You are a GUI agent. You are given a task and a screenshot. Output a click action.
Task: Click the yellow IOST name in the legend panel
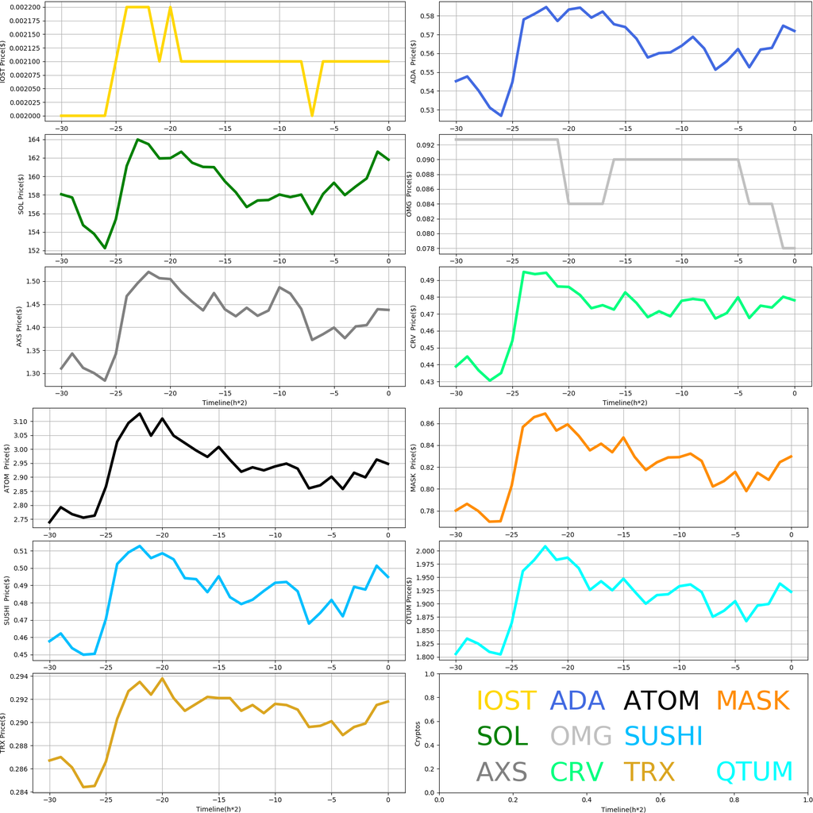[x=505, y=701]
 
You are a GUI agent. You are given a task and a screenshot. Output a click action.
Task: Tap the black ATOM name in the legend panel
[x=661, y=701]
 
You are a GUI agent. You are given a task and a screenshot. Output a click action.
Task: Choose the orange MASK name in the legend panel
[x=752, y=701]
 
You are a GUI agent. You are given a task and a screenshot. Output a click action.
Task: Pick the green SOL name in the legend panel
[x=502, y=736]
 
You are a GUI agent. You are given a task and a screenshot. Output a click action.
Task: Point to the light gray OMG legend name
[x=580, y=736]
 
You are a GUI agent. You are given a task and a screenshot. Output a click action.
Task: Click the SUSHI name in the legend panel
[x=663, y=736]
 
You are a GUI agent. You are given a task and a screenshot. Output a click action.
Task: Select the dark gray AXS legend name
[x=502, y=772]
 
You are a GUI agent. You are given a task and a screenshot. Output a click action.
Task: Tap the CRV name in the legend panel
[x=576, y=772]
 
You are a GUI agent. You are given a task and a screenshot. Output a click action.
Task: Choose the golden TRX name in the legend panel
[x=649, y=772]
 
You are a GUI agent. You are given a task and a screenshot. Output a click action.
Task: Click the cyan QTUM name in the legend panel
[x=754, y=772]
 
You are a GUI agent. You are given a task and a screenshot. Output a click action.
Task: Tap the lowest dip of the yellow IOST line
[x=312, y=115]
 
